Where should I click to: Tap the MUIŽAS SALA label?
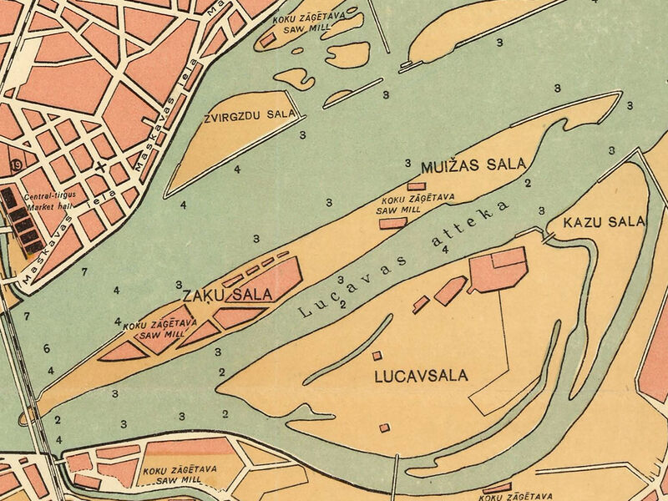(x=460, y=165)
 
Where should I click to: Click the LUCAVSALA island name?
(x=421, y=376)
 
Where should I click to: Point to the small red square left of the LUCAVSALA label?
(x=377, y=356)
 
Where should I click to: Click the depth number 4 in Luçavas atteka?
(x=445, y=249)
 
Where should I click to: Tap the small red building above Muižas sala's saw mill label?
(x=416, y=185)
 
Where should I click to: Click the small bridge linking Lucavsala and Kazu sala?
(x=548, y=238)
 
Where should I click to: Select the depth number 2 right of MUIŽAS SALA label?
(x=527, y=183)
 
